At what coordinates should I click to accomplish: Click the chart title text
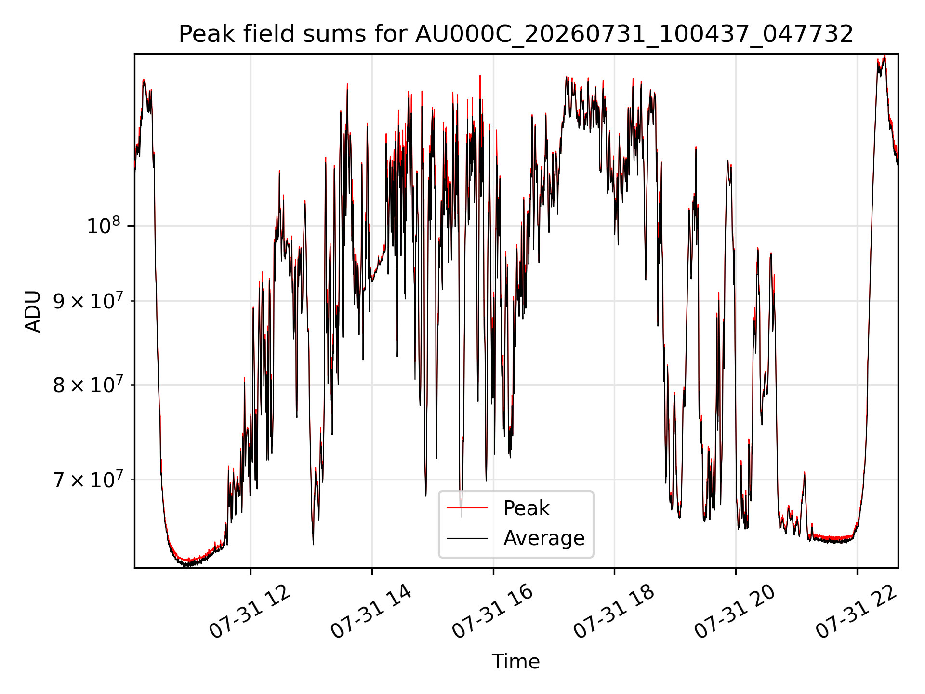(516, 34)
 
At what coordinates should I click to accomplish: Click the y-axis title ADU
(33, 311)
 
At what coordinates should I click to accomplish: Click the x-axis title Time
(515, 661)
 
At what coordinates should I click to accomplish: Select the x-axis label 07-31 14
(371, 612)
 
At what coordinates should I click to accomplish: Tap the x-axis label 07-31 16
(493, 612)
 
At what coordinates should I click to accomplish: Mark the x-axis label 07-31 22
(857, 612)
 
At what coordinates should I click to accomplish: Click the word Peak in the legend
(526, 508)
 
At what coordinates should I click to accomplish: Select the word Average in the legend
(544, 538)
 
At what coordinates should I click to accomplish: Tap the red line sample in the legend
(467, 508)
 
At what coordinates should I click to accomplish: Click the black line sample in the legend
(467, 538)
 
